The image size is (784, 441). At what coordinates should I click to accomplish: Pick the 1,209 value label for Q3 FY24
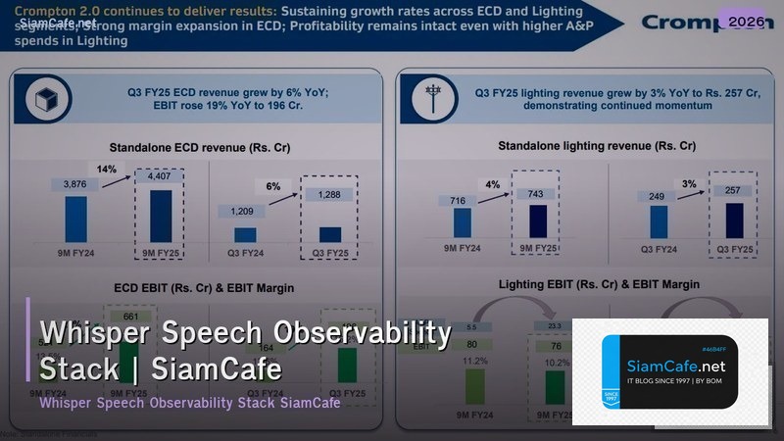(x=245, y=211)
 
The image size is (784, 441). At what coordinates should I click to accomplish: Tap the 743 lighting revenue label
(x=535, y=194)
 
